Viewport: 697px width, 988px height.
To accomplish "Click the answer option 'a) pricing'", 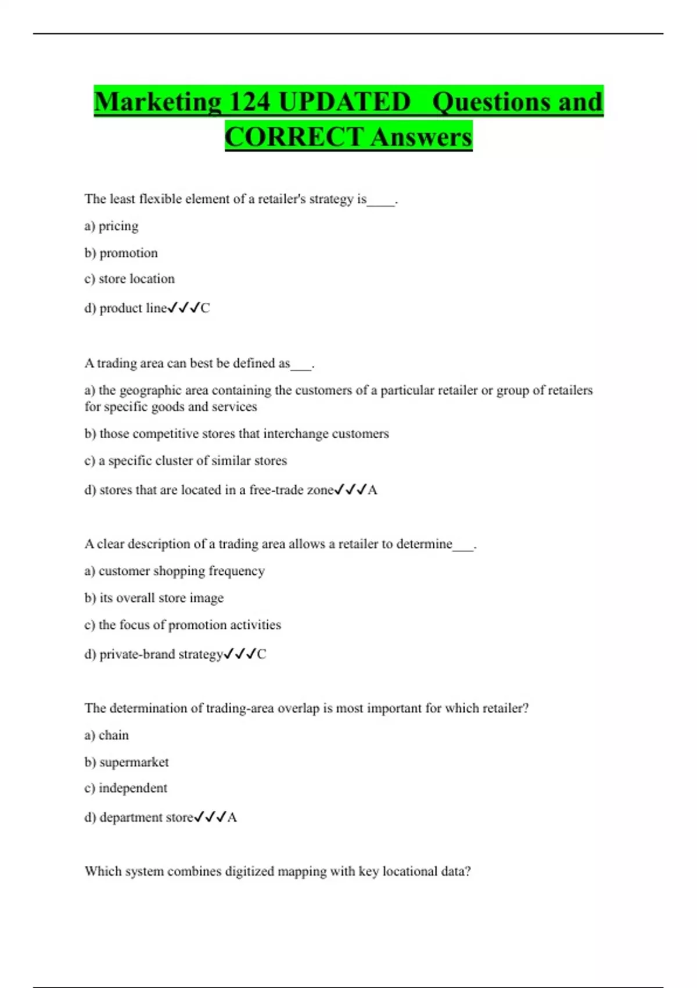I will (112, 226).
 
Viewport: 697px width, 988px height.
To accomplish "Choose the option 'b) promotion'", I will (121, 253).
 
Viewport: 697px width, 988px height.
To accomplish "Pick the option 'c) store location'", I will (130, 279).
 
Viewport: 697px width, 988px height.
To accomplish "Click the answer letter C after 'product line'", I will (205, 308).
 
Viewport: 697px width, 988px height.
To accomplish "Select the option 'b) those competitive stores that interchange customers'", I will (236, 434).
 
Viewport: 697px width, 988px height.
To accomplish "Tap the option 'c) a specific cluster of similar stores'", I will (186, 461).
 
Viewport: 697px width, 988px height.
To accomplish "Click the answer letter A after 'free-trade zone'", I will (373, 490).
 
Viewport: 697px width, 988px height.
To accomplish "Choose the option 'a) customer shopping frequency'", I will (174, 571).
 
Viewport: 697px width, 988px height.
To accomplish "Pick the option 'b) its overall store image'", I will (154, 598).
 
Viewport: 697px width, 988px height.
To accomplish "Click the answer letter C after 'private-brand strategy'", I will (261, 654).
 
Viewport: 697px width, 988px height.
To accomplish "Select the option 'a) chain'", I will (106, 735).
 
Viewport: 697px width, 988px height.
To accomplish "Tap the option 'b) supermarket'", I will (127, 762).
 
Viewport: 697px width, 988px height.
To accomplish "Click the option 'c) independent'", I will (126, 788).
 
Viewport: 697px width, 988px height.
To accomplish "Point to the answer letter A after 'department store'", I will (232, 818).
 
